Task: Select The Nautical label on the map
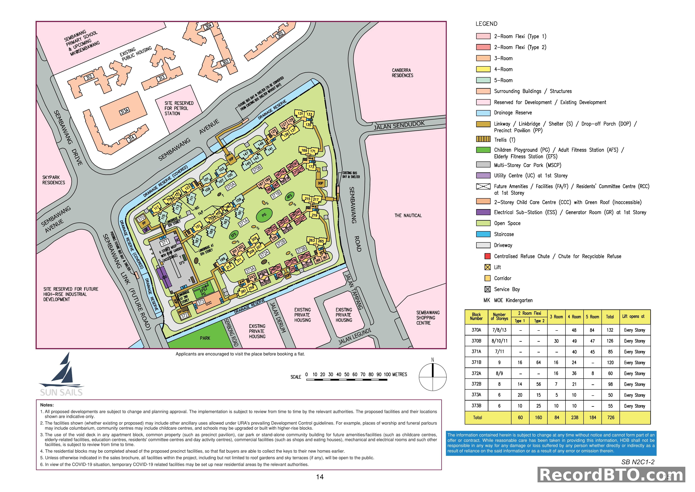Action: (408, 215)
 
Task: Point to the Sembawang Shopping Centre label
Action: (428, 318)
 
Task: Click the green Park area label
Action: (205, 338)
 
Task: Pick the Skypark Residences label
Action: (54, 180)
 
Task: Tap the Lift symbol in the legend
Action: (487, 267)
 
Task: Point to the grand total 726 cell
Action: (611, 418)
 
